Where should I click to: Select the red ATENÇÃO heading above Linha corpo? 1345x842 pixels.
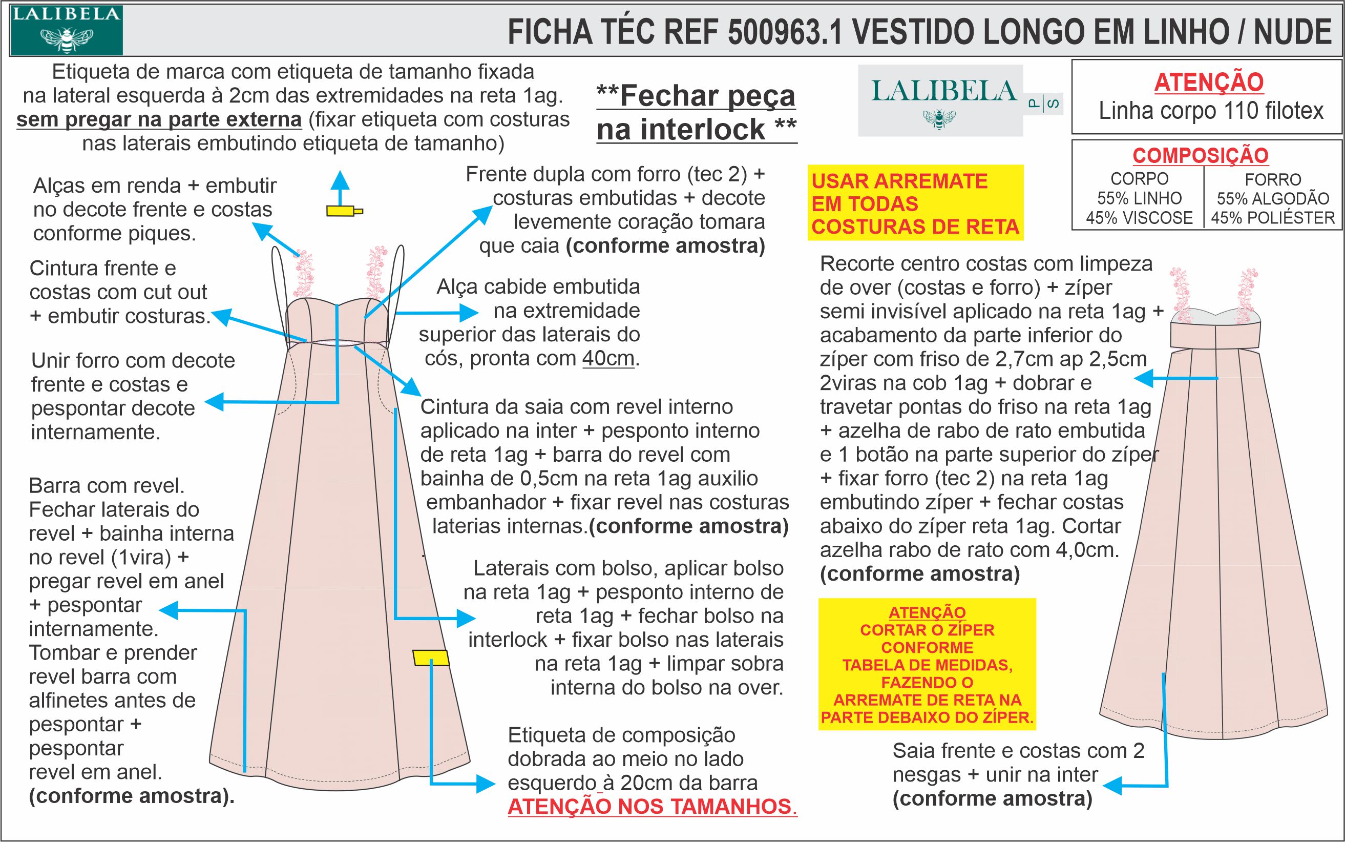[1208, 83]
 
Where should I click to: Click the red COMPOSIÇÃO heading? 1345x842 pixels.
[1201, 155]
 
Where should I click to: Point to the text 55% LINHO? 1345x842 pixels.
[1139, 199]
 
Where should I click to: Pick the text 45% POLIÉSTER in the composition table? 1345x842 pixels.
[1273, 218]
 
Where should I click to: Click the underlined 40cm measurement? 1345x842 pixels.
[608, 359]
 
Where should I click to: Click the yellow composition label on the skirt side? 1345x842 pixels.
[431, 658]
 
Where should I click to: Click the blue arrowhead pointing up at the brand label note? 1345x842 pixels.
[341, 179]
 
